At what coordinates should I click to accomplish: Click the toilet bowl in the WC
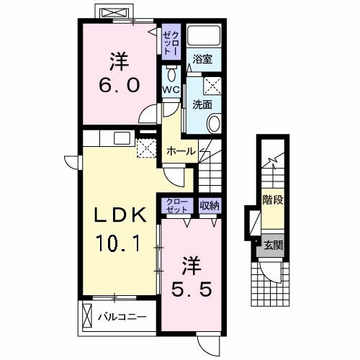[171, 75]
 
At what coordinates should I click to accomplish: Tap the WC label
[171, 90]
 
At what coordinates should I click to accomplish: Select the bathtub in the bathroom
[204, 35]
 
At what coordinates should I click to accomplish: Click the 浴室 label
[203, 59]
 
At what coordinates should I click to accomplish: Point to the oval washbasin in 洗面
[214, 124]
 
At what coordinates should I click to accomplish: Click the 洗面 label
[202, 105]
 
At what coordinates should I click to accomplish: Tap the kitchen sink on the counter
[122, 138]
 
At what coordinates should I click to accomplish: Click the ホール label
[181, 151]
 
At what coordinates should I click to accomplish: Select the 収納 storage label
[210, 205]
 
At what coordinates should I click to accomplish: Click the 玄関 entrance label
[274, 246]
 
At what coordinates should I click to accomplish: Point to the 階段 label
[273, 199]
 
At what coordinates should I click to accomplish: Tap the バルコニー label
[122, 317]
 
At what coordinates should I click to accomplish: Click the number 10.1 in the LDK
[118, 243]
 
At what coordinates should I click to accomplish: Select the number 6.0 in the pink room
[120, 85]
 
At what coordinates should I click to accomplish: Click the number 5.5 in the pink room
[192, 289]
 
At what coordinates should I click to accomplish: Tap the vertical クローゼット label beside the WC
[171, 42]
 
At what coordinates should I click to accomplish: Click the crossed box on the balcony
[87, 316]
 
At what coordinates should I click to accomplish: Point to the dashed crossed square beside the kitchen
[146, 148]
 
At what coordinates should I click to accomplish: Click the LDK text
[120, 215]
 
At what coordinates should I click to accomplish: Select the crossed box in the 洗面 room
[212, 86]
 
